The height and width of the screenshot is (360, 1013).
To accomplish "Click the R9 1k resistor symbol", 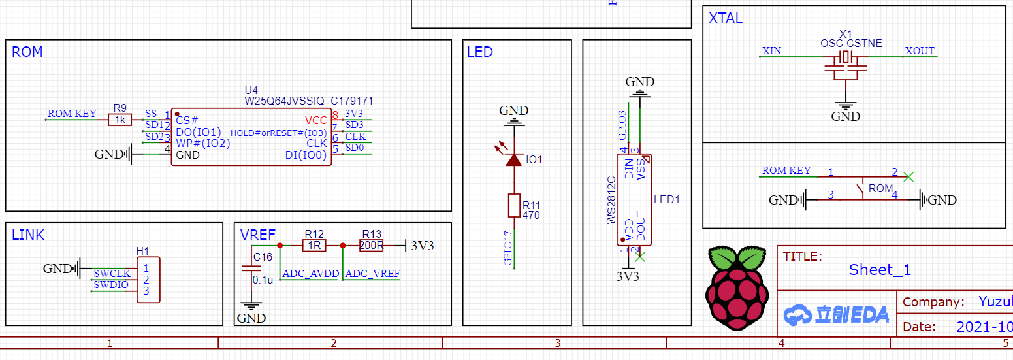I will [x=120, y=120].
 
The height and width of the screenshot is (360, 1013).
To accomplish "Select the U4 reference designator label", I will [x=251, y=90].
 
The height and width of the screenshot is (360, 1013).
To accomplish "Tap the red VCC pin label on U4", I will [x=315, y=120].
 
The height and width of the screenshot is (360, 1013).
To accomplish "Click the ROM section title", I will [x=27, y=52].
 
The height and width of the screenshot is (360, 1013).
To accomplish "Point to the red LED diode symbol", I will [x=514, y=159].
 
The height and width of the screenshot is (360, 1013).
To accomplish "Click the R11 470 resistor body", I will [x=514, y=206].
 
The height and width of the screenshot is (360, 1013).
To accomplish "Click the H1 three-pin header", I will [x=148, y=279].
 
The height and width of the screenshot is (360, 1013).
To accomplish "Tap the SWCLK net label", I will [x=112, y=273].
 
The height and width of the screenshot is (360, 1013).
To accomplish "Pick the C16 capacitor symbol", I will [x=248, y=269].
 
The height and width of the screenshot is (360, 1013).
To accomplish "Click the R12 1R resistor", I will [x=314, y=246].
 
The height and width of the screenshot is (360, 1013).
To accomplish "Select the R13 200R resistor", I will [x=371, y=246].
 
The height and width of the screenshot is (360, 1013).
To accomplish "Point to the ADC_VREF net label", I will [x=372, y=274].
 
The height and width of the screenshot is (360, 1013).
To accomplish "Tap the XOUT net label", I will [x=920, y=51].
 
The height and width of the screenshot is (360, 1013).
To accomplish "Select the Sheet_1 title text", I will [x=880, y=270].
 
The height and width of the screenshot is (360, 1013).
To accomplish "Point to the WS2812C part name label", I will [x=612, y=199].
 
